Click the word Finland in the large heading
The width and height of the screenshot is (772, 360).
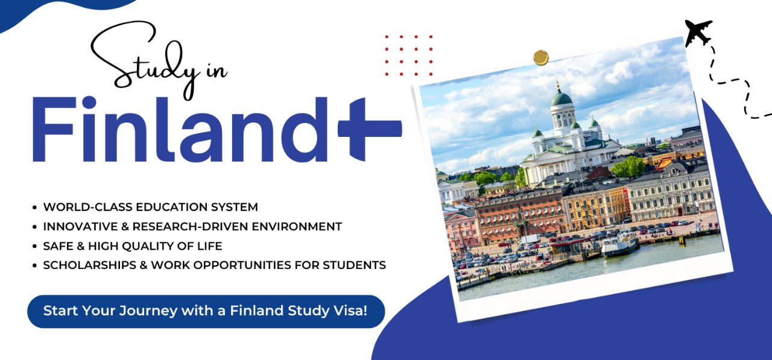tap(181, 130)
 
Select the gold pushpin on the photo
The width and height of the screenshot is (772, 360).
tap(541, 57)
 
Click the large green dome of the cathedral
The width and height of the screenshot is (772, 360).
tap(561, 98)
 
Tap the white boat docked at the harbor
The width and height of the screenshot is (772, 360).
tap(619, 244)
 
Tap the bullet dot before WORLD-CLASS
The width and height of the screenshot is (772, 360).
tap(34, 207)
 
